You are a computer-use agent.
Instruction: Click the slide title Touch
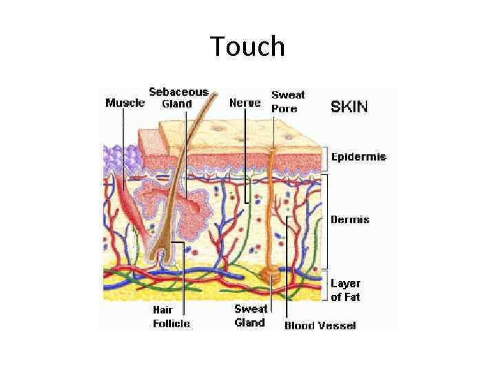click(247, 46)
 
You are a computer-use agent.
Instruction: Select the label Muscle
click(125, 103)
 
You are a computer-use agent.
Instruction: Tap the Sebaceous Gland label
click(178, 98)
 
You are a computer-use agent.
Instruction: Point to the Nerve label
click(245, 103)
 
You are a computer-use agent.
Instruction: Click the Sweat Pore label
click(287, 101)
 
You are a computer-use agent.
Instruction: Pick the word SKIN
click(349, 106)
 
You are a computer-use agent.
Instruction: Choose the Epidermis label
click(359, 157)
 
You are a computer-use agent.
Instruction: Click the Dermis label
click(350, 220)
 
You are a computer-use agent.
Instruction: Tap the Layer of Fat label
click(345, 290)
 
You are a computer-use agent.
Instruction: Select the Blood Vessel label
click(320, 325)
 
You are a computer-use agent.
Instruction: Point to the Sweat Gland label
click(250, 316)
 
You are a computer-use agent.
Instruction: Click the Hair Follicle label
click(171, 316)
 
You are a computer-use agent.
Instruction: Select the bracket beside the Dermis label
click(326, 220)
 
